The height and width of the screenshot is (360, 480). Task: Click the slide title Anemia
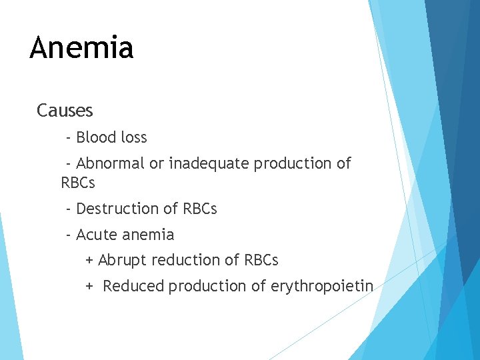click(81, 47)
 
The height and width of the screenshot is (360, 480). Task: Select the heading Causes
click(65, 110)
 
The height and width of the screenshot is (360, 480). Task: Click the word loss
click(133, 138)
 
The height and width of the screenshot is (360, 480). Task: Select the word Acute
click(96, 235)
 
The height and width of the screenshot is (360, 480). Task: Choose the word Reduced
click(133, 286)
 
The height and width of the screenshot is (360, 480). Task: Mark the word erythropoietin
click(322, 286)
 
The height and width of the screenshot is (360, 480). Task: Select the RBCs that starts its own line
click(78, 182)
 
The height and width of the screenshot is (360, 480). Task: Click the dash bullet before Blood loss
click(69, 138)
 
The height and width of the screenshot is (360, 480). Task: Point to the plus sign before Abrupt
click(89, 260)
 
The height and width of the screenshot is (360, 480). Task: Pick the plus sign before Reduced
click(89, 286)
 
